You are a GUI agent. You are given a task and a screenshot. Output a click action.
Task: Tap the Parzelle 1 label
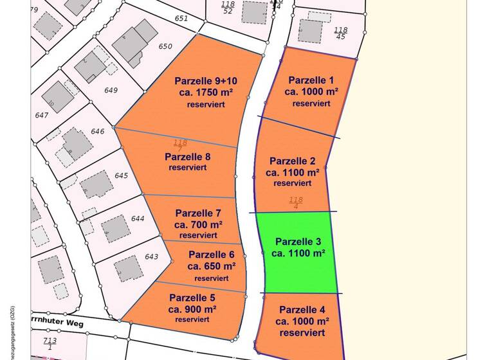tap(311, 80)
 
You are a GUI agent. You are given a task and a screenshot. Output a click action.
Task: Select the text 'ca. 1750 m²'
tap(206, 93)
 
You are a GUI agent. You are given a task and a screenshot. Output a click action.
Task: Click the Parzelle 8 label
tap(188, 156)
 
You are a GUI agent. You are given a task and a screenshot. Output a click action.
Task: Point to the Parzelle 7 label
tap(198, 213)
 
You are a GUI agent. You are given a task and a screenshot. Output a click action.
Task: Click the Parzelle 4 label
tap(302, 309)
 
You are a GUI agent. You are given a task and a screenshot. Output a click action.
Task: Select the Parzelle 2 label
tap(292, 161)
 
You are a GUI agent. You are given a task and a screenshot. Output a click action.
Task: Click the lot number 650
tap(165, 46)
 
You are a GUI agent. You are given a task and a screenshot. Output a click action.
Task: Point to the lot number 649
tap(111, 91)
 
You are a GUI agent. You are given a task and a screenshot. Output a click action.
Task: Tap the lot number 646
tap(98, 131)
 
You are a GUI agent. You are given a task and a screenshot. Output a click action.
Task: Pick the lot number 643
tap(151, 257)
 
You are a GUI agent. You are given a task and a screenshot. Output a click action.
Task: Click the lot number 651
tap(181, 19)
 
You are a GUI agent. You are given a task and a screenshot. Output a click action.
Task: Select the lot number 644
tap(138, 219)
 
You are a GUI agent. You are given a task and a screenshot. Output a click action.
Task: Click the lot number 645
tap(122, 175)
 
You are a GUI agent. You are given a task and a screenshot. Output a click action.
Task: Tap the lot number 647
tap(42, 116)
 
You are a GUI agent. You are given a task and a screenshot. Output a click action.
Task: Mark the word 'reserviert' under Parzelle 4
tap(302, 332)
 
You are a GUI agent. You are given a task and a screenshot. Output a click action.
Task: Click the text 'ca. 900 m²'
tap(192, 309)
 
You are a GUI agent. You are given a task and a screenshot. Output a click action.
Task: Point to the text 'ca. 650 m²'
tap(212, 265)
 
